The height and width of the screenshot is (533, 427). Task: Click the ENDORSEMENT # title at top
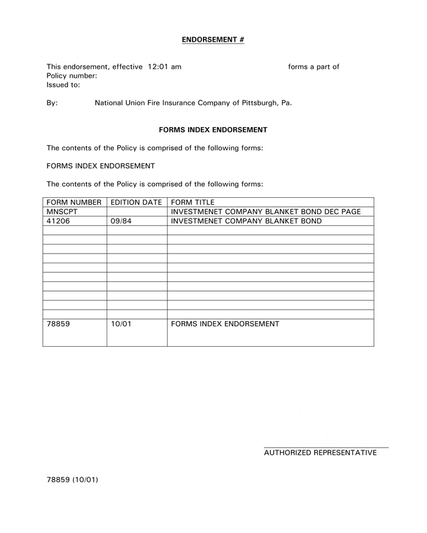[x=213, y=40]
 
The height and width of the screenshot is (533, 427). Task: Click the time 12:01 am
[x=164, y=67]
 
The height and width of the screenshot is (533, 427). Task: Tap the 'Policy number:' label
[x=72, y=76]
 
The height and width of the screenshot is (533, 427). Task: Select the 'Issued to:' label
[x=64, y=85]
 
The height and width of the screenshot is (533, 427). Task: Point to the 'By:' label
[x=52, y=103]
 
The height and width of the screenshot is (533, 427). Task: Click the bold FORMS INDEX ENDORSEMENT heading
[x=213, y=130]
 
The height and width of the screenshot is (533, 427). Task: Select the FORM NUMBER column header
[x=74, y=202]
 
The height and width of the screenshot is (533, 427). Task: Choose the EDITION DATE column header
[x=136, y=202]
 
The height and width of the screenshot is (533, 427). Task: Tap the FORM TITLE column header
[x=193, y=202]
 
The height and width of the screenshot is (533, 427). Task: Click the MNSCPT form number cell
[x=62, y=212]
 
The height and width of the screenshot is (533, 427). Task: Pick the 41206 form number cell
[x=58, y=221]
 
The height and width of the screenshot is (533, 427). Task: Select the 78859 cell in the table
[x=58, y=324]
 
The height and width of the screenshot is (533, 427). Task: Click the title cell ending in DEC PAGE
[x=266, y=212]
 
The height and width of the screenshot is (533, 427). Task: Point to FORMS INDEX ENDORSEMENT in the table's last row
[x=225, y=324]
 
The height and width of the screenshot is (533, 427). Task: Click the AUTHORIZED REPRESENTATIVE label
[x=320, y=453]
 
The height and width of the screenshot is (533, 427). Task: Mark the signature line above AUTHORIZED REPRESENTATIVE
[x=326, y=446]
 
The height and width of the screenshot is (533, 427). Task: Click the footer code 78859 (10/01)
[x=72, y=480]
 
